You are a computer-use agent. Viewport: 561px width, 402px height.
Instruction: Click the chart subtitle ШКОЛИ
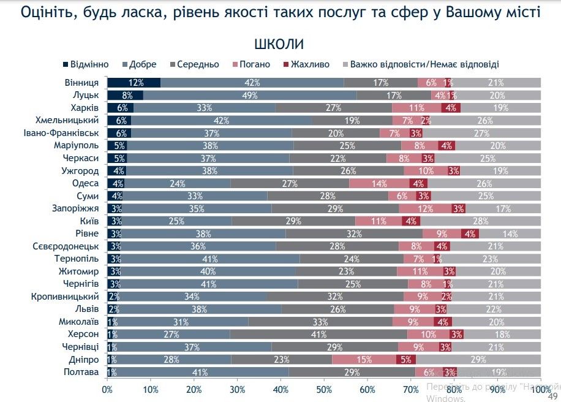click(x=279, y=44)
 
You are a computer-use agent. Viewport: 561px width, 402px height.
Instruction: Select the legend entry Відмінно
click(x=86, y=64)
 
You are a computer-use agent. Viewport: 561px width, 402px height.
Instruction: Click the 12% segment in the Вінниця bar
click(x=134, y=83)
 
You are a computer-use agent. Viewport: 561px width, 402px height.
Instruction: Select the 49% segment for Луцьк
click(x=250, y=95)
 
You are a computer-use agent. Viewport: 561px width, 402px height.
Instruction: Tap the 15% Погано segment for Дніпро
click(x=364, y=360)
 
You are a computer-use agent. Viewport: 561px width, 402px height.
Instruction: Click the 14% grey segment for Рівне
click(x=510, y=233)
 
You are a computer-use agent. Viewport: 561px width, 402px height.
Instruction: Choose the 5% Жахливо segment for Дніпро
click(x=407, y=360)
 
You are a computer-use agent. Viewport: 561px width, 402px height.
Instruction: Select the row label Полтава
click(x=81, y=372)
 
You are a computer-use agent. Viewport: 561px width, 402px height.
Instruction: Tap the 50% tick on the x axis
click(x=324, y=389)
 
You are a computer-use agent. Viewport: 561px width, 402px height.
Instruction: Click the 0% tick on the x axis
click(x=107, y=389)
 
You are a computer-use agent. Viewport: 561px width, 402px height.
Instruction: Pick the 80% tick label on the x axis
click(x=454, y=389)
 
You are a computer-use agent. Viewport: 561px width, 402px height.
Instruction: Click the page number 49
click(x=551, y=395)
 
